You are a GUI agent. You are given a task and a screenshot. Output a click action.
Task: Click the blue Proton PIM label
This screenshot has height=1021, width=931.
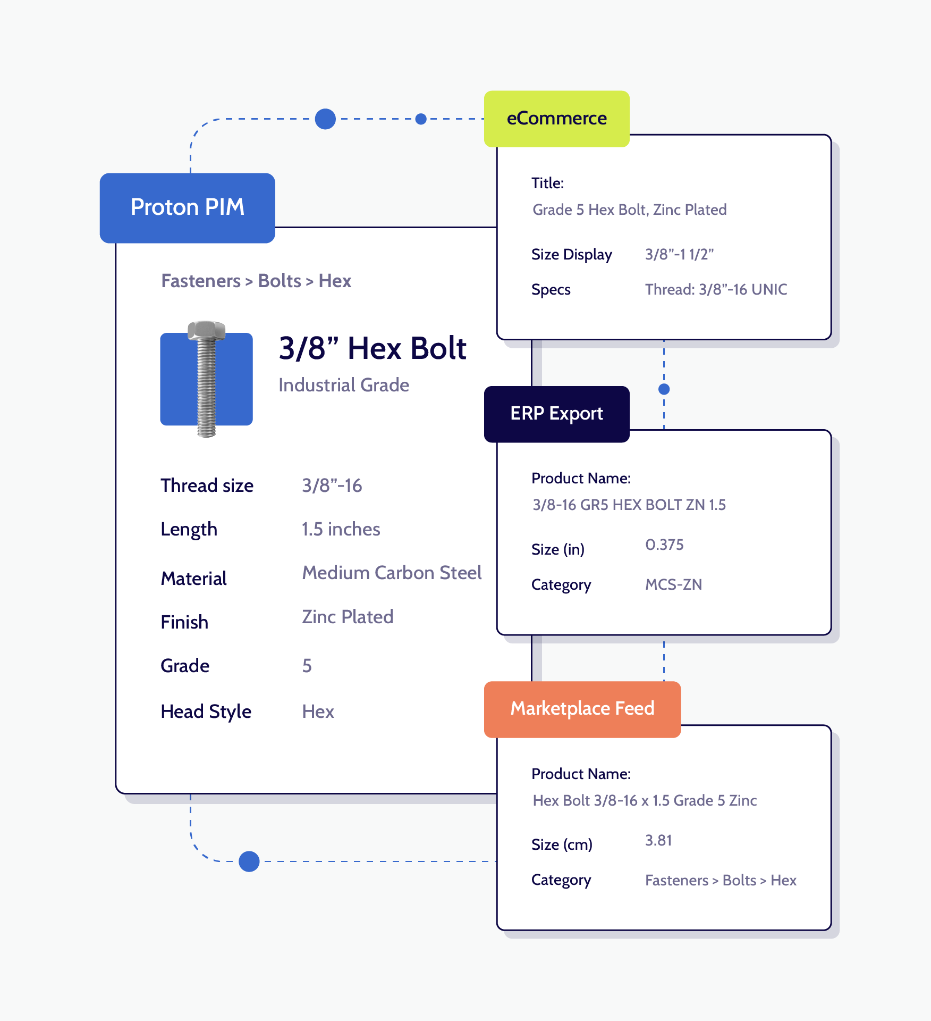[x=187, y=208]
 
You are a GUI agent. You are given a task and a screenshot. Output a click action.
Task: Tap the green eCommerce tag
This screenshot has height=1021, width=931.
[x=556, y=119]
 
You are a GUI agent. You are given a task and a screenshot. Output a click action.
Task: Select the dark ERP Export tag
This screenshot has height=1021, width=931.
[x=556, y=414]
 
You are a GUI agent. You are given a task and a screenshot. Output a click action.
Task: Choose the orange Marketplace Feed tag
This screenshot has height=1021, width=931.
[x=582, y=709]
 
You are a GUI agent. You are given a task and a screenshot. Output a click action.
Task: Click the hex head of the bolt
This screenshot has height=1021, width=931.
[x=206, y=330]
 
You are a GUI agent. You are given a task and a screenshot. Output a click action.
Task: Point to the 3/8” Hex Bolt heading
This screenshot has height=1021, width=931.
[x=372, y=349]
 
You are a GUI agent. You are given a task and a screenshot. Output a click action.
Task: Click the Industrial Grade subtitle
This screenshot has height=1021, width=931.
[x=344, y=385]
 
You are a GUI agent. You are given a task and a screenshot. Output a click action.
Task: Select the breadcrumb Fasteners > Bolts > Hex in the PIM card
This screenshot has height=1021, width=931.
[x=256, y=281]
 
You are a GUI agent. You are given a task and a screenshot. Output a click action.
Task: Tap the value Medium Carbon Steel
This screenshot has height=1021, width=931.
[x=392, y=573]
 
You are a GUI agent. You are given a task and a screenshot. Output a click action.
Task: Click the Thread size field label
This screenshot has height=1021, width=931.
[x=207, y=486]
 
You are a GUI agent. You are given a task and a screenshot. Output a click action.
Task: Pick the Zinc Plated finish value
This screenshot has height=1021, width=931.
[x=348, y=617]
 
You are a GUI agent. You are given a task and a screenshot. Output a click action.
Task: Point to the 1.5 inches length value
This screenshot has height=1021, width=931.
[x=341, y=529]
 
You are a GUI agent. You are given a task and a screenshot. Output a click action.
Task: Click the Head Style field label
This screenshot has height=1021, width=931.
[x=206, y=712]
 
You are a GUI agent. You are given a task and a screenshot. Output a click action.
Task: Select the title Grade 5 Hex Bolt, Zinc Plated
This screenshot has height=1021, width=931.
[x=629, y=210]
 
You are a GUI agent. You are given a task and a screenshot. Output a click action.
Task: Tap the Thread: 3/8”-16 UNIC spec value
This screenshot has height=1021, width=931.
[x=716, y=289]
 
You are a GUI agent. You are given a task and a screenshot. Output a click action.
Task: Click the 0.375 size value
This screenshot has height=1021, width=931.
[x=664, y=545]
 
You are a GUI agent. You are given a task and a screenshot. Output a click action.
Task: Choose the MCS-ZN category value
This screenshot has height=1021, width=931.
[x=673, y=584]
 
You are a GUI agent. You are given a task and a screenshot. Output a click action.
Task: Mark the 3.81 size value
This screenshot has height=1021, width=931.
[x=658, y=840]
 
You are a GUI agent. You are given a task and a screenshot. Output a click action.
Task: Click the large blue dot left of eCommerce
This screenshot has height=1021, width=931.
[x=325, y=119]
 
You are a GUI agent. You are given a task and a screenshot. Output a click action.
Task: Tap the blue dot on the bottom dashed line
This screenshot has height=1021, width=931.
[x=249, y=861]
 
